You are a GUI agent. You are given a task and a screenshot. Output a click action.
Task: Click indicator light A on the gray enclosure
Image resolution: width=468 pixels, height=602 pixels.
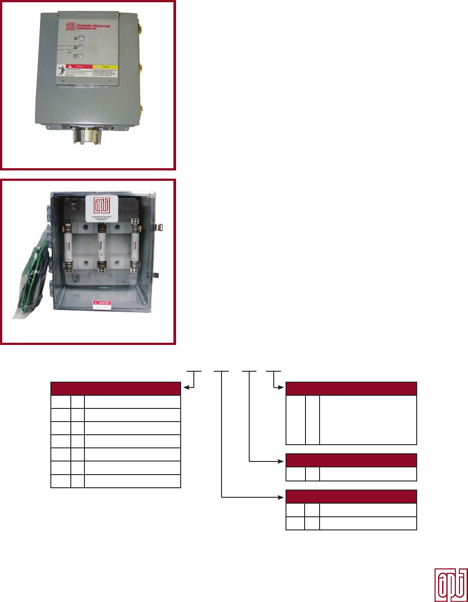(x=81, y=39)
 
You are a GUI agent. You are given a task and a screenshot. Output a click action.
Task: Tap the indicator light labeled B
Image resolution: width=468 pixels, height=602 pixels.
(x=81, y=48)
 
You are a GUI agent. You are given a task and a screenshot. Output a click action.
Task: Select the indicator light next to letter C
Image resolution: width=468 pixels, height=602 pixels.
(x=81, y=57)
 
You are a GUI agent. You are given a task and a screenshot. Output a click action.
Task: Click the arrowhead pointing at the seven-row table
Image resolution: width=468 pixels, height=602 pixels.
(x=184, y=388)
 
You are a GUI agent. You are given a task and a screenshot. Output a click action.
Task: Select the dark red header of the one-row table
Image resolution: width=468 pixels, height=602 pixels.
(x=351, y=460)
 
